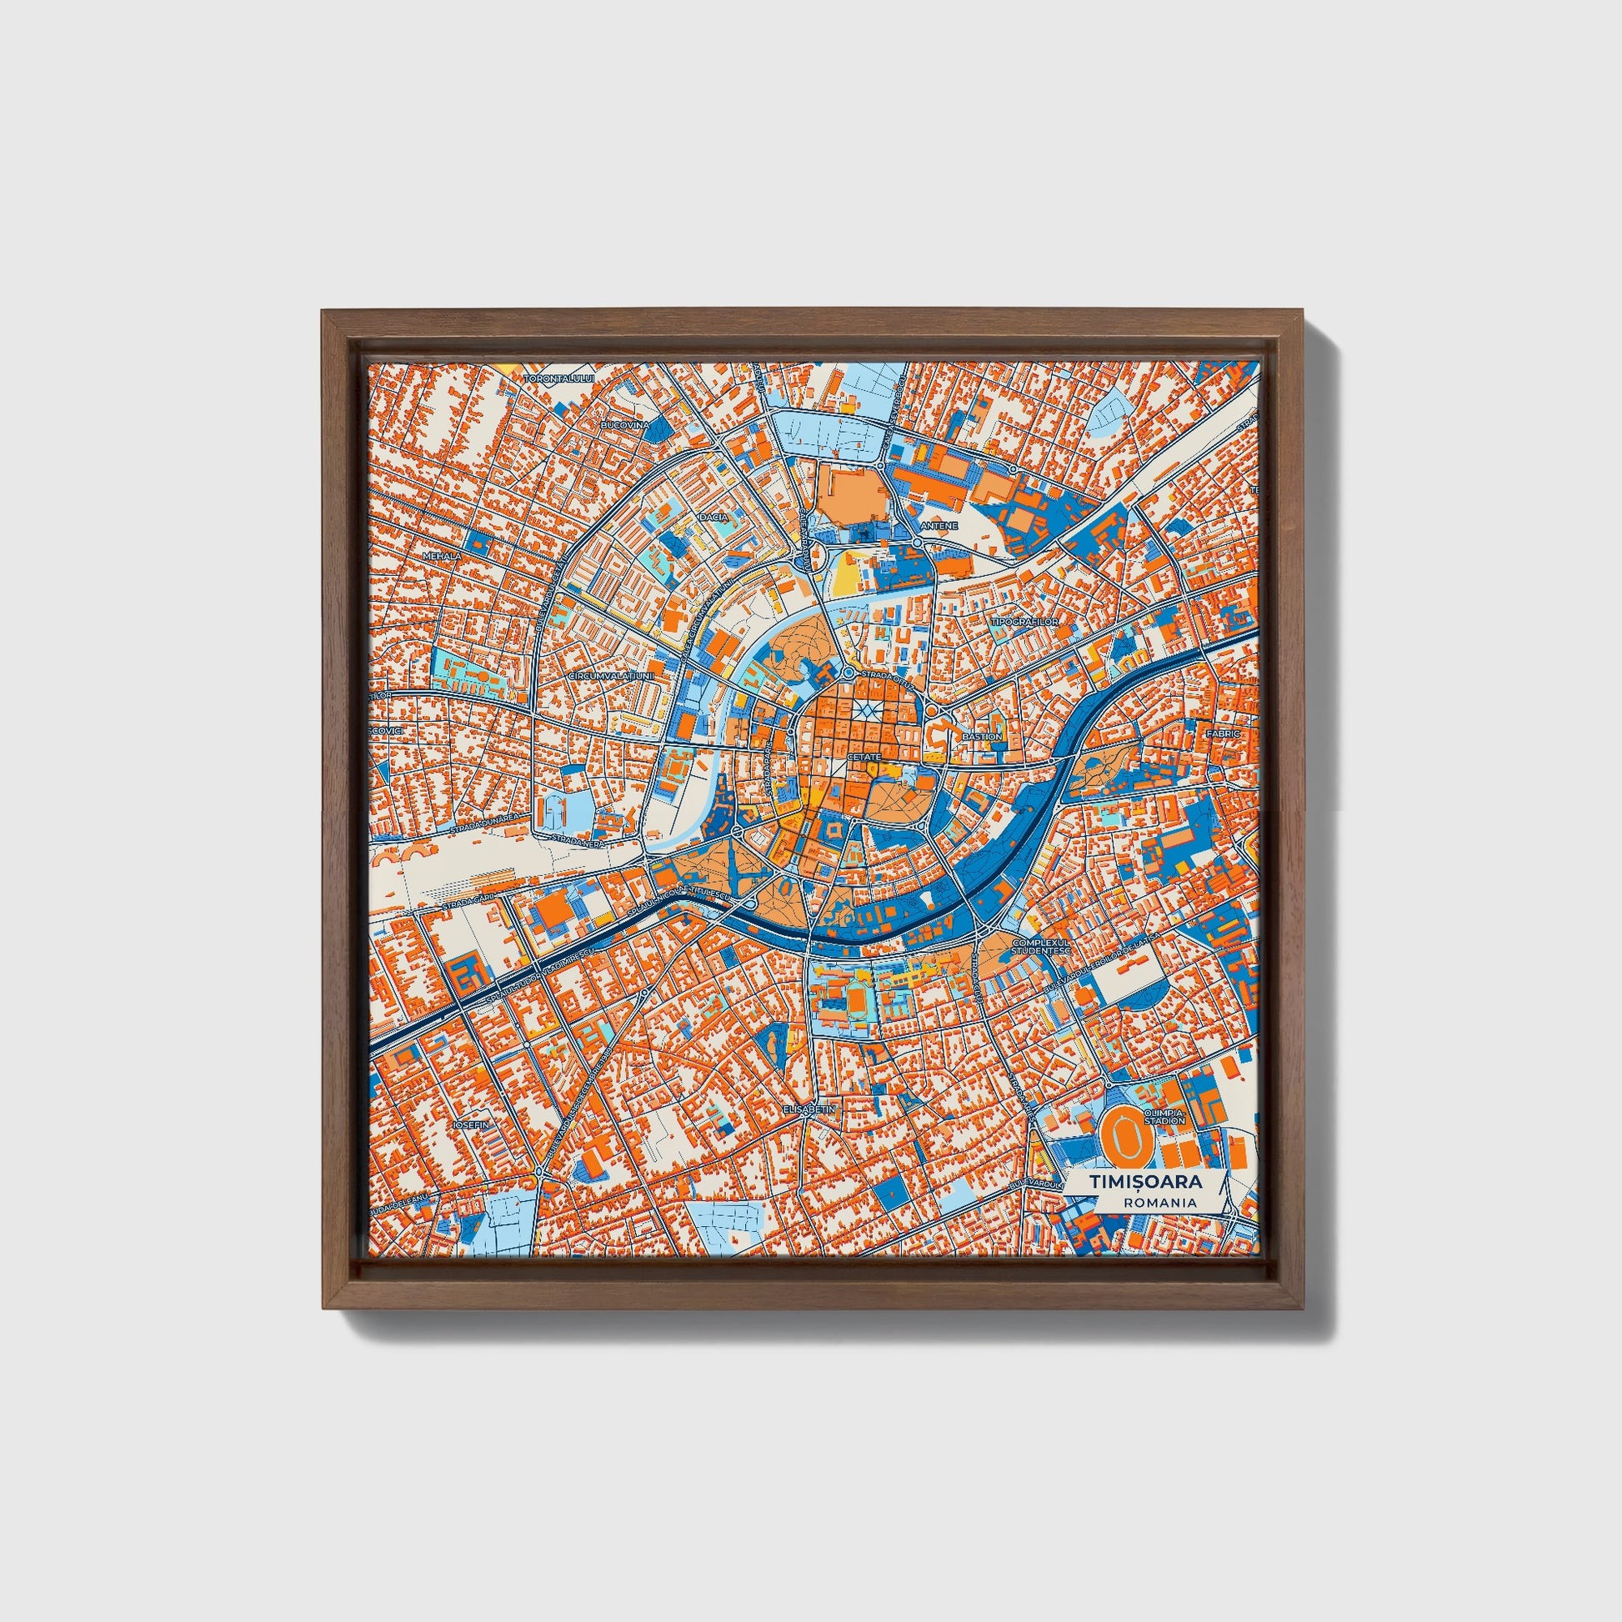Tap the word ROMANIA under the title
1163,1202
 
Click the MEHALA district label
441,556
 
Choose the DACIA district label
714,517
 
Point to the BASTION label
981,736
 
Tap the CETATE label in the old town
864,758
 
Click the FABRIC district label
1223,733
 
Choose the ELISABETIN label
809,1109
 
